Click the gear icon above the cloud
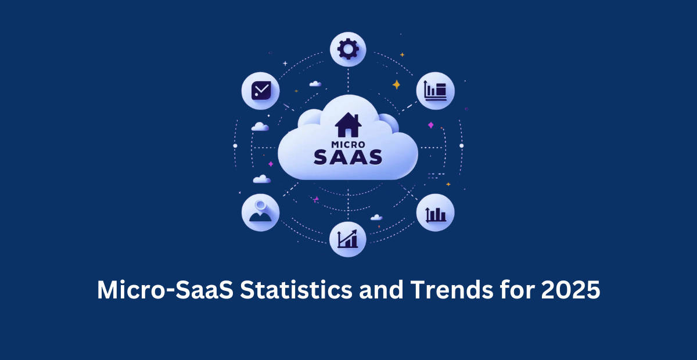click(348, 49)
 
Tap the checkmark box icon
click(260, 91)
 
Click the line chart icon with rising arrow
click(347, 238)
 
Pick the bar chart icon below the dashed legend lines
click(436, 214)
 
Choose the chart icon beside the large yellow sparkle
click(436, 91)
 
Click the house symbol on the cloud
click(348, 125)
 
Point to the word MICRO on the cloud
click(347, 142)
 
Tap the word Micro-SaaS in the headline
click(164, 290)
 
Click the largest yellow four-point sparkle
click(397, 85)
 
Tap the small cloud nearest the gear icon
click(315, 84)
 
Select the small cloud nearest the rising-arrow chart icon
click(376, 217)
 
